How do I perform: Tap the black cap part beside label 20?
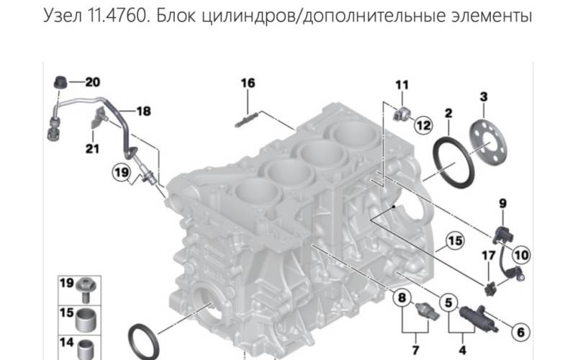[x=60, y=82]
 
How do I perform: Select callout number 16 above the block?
[x=248, y=83]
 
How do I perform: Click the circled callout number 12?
[x=423, y=125]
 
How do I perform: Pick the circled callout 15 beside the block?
[x=455, y=241]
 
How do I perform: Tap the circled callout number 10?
[x=521, y=255]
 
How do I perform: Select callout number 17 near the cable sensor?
[x=489, y=256]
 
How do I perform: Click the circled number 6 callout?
[x=520, y=332]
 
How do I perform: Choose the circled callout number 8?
[x=402, y=297]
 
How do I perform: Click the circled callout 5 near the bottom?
[x=448, y=302]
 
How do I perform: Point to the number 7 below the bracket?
[x=415, y=350]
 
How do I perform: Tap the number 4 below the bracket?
[x=462, y=350]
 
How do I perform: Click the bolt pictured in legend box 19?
[x=86, y=289]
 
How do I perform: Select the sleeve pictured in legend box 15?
[x=86, y=319]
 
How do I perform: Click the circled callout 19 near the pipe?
[x=122, y=172]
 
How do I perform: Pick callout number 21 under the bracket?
[x=92, y=149]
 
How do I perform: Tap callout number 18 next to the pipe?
[x=143, y=111]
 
